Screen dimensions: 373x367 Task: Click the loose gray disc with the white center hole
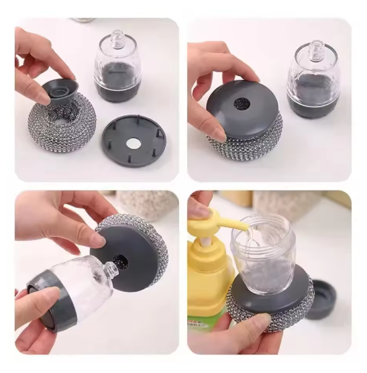pyautogui.click(x=134, y=141)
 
